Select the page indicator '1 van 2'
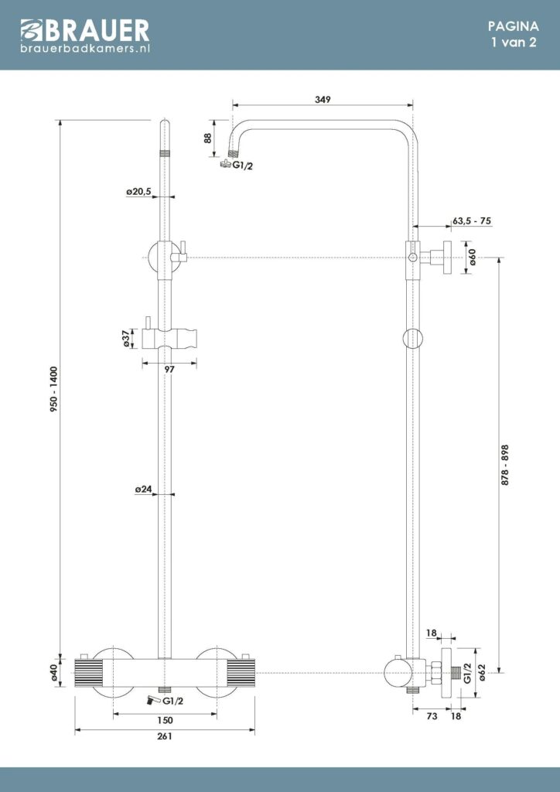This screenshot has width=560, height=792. click(x=514, y=43)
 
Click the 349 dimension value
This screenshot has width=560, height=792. click(x=324, y=100)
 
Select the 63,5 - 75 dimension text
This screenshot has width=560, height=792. click(x=472, y=221)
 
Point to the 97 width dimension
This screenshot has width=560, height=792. click(x=170, y=370)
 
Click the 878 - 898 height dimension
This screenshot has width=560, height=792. click(x=505, y=464)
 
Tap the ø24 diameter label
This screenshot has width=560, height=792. click(x=143, y=490)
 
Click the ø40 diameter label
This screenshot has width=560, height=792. click(x=55, y=674)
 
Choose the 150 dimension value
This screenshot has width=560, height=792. click(x=165, y=720)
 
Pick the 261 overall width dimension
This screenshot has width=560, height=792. click(x=165, y=736)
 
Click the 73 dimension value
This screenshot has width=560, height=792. click(x=432, y=717)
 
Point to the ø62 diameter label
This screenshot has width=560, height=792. click(x=481, y=674)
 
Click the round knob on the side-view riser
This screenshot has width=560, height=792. click(x=413, y=338)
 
